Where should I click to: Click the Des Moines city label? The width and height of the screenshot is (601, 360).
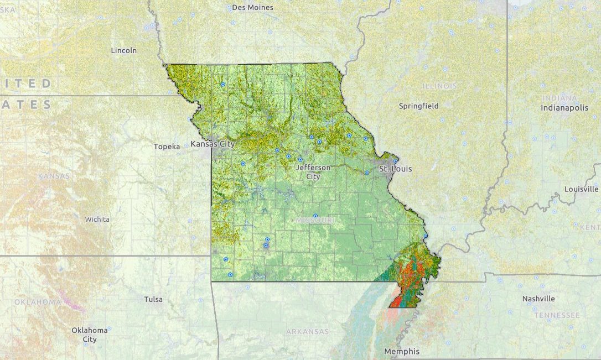[252, 8]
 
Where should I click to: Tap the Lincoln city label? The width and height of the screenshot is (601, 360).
[124, 50]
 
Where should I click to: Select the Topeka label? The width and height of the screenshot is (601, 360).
[167, 147]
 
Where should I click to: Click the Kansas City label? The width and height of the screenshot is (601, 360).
[213, 144]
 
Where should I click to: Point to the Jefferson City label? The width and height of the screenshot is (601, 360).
[313, 172]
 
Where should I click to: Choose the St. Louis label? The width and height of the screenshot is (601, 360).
[395, 169]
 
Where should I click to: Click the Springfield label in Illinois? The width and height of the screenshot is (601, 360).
[419, 106]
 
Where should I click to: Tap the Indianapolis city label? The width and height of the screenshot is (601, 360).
[564, 108]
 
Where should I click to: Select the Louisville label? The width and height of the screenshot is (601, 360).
[582, 189]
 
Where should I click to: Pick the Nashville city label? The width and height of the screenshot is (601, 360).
[538, 299]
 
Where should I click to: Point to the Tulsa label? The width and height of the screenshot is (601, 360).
[153, 299]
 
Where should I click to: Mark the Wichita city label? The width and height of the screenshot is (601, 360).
[97, 219]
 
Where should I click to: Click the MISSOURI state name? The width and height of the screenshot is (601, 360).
[315, 220]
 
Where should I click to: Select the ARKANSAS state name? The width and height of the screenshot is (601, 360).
[307, 332]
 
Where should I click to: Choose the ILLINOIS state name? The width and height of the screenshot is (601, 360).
[440, 86]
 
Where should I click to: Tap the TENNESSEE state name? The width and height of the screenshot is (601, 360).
[557, 315]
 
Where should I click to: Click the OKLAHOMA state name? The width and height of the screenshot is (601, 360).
[38, 302]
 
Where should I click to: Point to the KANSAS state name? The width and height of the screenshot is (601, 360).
[54, 176]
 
